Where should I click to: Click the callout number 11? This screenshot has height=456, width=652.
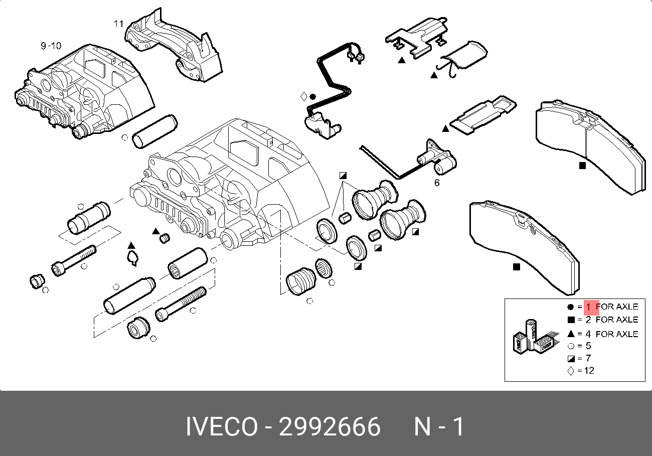(119, 24)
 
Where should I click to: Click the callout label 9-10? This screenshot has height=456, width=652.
(51, 46)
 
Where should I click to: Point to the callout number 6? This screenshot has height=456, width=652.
(437, 183)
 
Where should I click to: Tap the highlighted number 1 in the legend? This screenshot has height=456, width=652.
(588, 307)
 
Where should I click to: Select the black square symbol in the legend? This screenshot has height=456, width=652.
(571, 320)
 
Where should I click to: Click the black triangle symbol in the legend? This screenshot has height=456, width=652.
(571, 334)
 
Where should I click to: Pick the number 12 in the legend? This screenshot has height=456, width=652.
(589, 371)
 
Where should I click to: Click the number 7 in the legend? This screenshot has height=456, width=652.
(588, 358)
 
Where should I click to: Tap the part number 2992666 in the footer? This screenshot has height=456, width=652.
(330, 426)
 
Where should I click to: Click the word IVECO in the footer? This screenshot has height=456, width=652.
(222, 426)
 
